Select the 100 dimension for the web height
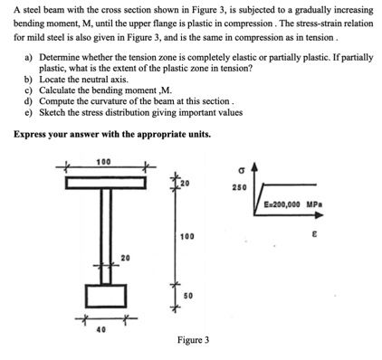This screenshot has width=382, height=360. (186, 236)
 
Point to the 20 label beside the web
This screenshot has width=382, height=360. (127, 260)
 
